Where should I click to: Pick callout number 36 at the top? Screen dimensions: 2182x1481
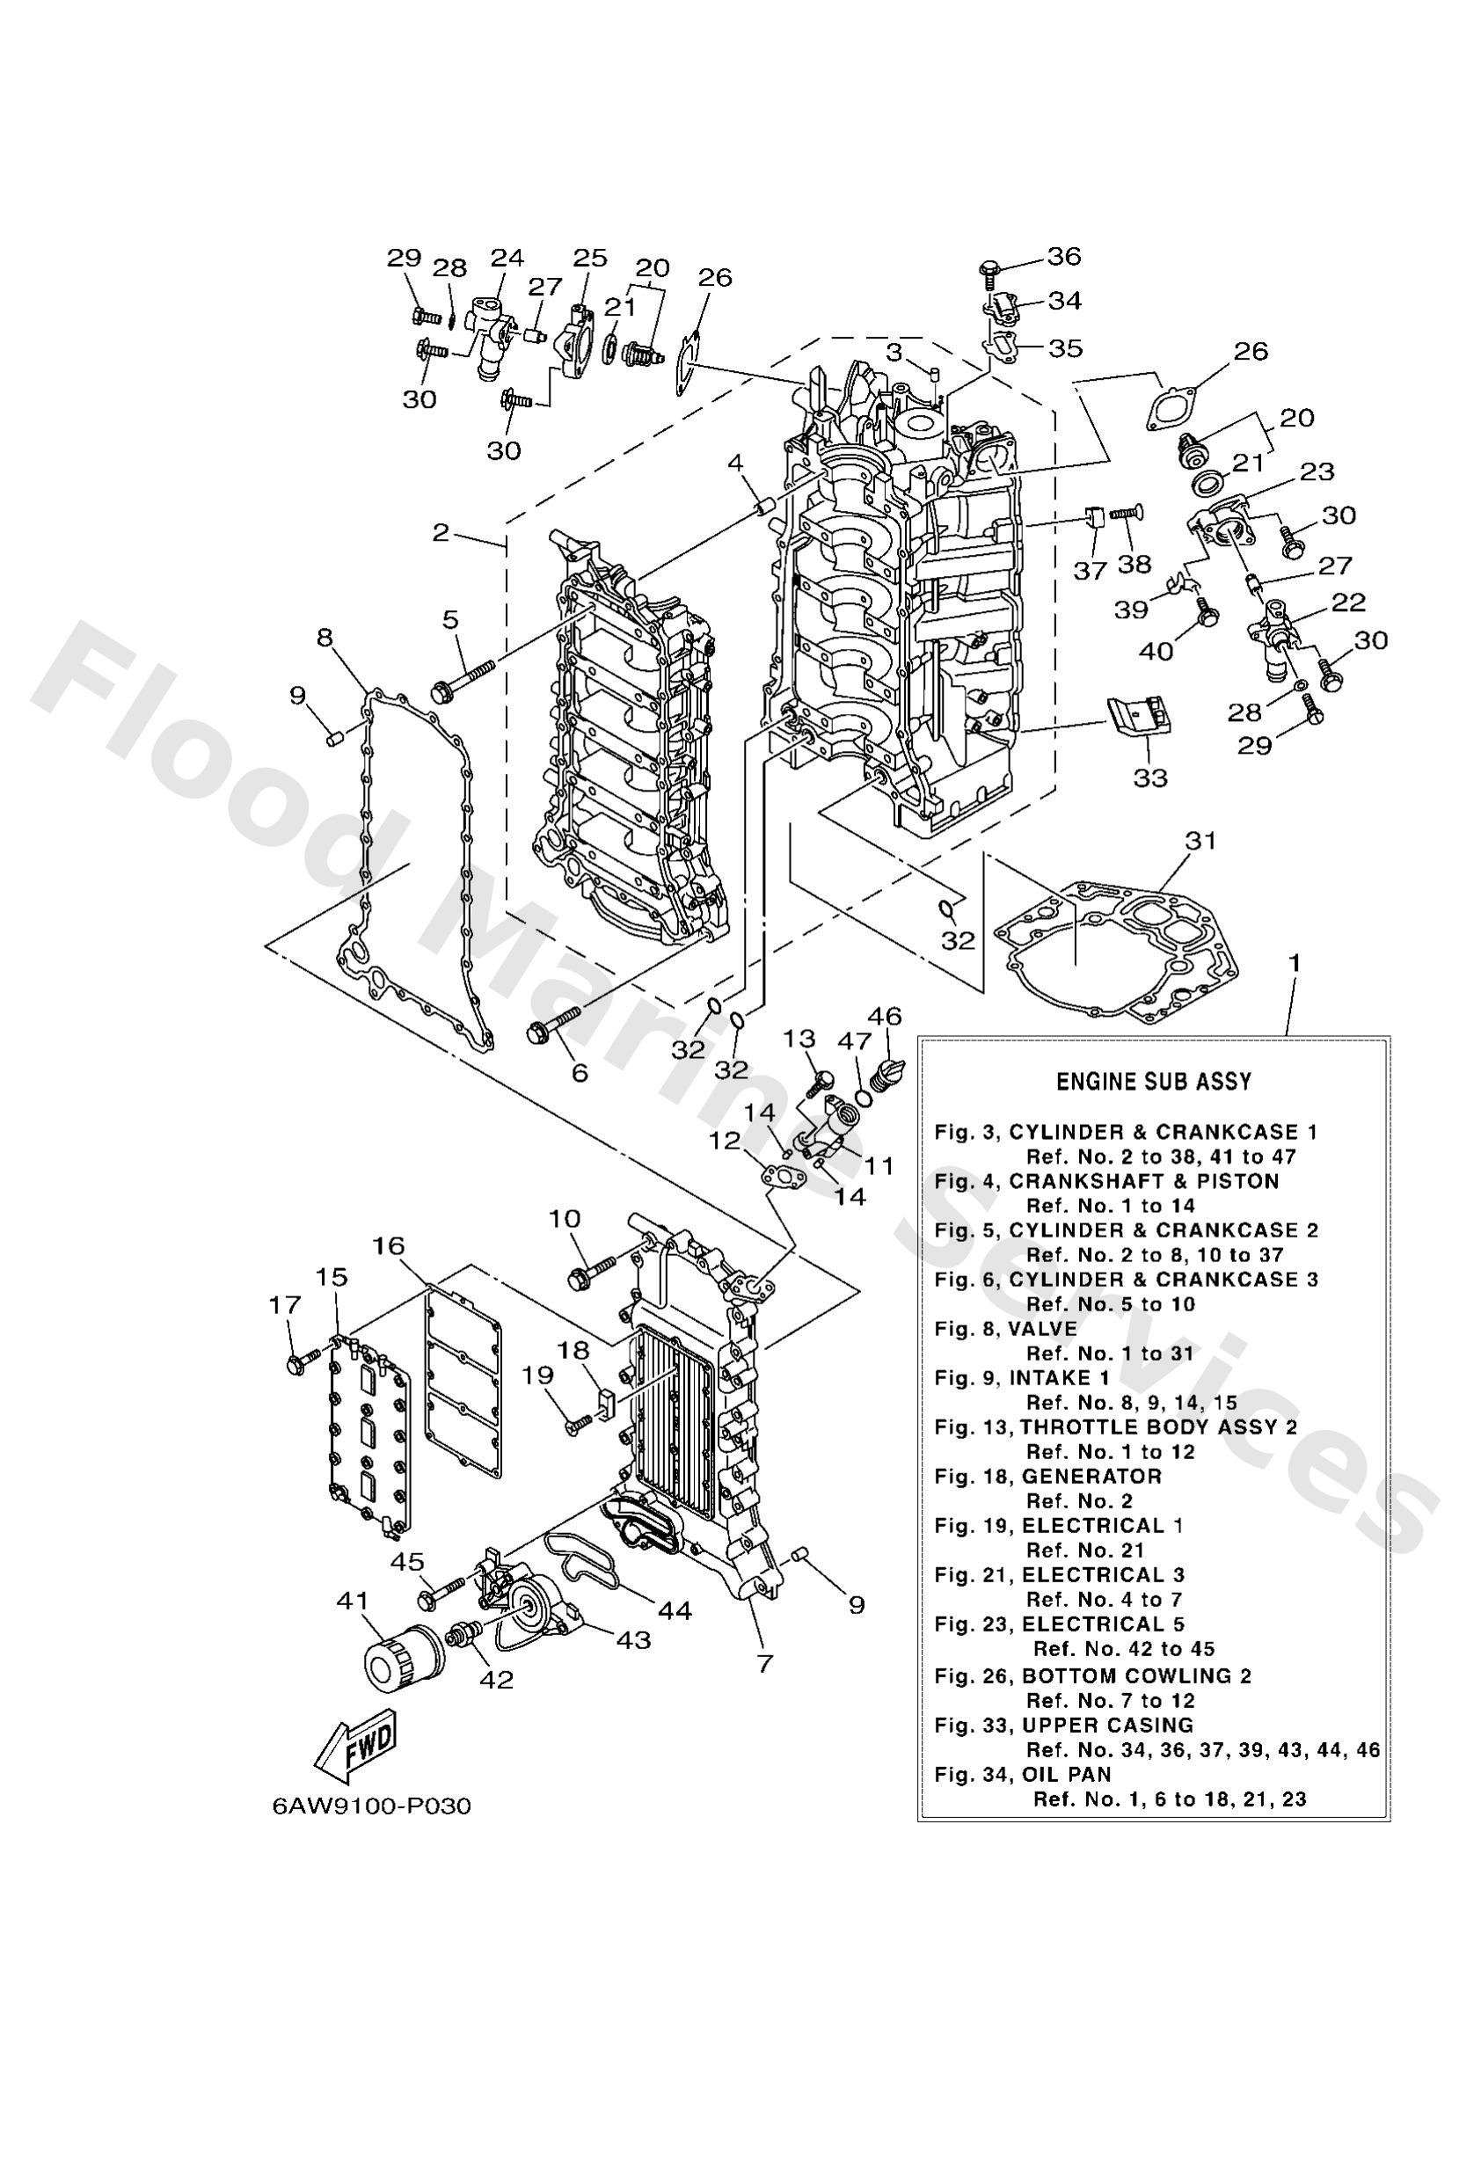click(1064, 256)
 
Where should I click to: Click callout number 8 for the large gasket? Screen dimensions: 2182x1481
click(324, 639)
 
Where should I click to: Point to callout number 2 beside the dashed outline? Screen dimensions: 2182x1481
click(441, 533)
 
